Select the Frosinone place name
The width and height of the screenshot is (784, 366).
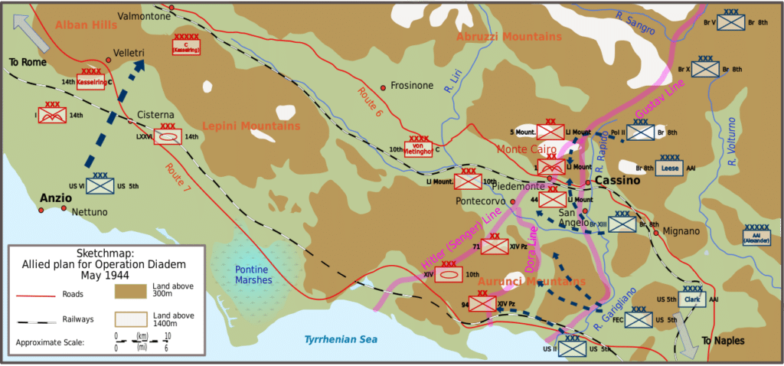412,86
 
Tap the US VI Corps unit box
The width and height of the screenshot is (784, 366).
100,185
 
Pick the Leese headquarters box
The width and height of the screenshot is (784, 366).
670,169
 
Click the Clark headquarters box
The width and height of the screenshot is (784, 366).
692,299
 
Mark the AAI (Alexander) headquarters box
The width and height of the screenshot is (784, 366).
756,237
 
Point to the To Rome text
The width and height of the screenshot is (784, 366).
28,62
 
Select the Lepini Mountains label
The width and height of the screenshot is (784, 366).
251,126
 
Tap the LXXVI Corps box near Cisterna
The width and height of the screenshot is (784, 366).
168,136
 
